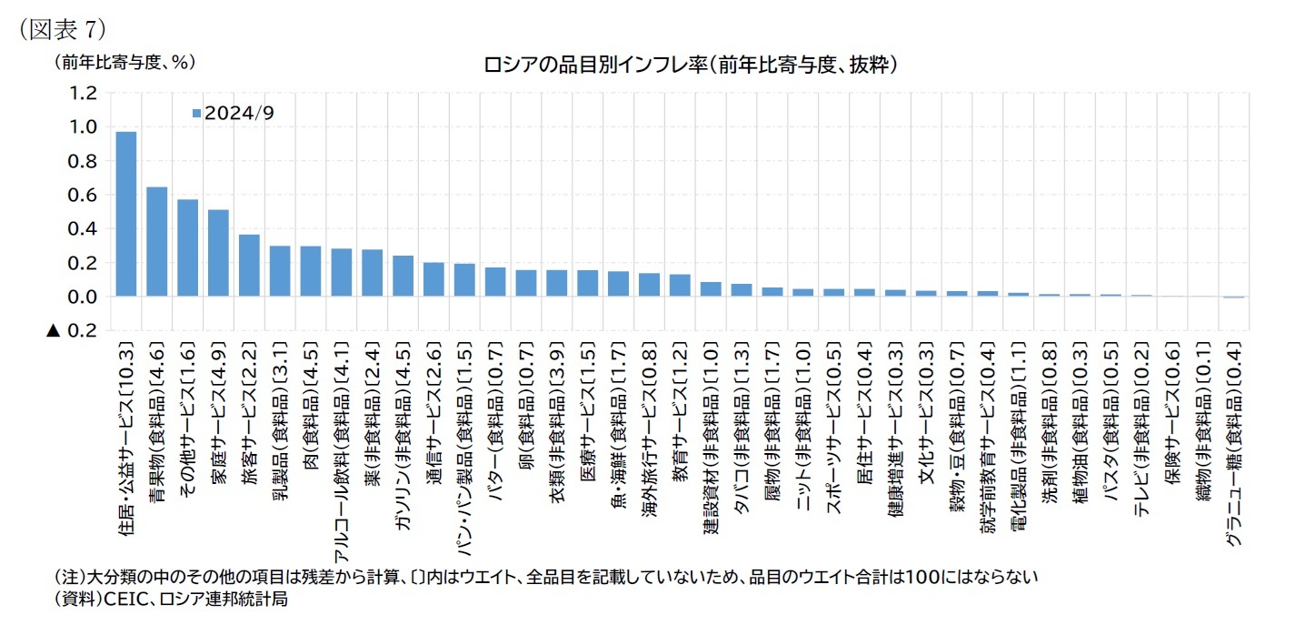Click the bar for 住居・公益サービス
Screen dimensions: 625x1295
pos(126,215)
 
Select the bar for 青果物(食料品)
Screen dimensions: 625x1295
pos(157,242)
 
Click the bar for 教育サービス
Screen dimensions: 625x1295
pos(680,286)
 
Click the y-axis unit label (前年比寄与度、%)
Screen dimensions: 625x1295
pos(124,62)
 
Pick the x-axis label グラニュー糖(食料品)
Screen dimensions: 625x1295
pos(1233,446)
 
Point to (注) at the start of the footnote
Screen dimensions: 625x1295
pos(69,577)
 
